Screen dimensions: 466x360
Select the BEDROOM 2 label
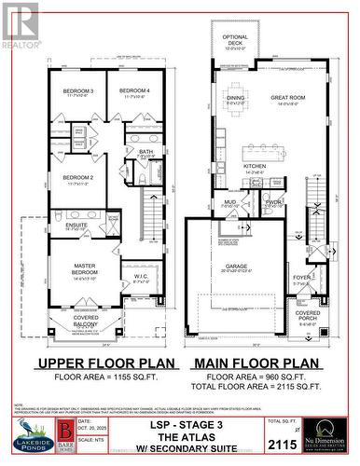point(78,177)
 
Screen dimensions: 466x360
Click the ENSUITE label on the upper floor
point(76,225)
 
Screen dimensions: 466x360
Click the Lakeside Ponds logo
point(26,436)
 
